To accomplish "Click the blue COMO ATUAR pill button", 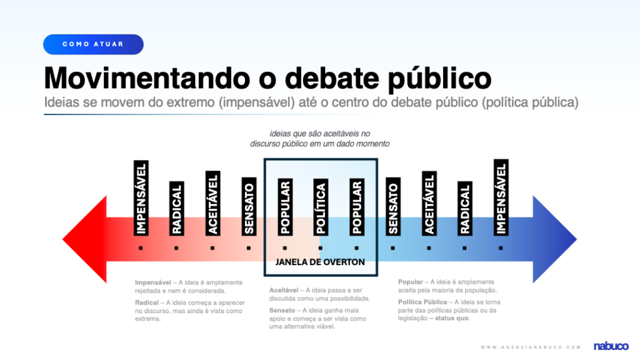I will point(93,44).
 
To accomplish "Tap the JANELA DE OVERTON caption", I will point(320,262).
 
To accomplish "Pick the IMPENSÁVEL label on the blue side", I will point(501,197).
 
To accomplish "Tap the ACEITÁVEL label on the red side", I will point(212,203).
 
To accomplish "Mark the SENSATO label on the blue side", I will point(392,207).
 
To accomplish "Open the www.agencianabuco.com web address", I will point(531,346).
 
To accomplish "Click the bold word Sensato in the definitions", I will point(282,310).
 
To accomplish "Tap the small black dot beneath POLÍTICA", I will point(321,247).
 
